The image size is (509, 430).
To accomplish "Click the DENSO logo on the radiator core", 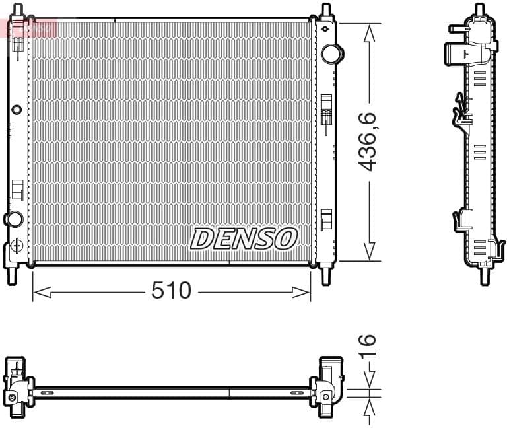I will tap(244, 238).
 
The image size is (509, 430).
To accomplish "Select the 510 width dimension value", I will tap(171, 290).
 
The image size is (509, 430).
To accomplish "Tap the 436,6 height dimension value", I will tap(368, 141).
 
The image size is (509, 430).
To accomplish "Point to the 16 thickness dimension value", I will tap(368, 345).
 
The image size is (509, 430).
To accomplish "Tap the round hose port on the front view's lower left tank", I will tap(13, 219).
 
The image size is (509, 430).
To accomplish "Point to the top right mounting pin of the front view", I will tap(325, 12).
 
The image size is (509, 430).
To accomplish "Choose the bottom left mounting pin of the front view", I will tap(11, 275).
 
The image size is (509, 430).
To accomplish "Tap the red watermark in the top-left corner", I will tap(29, 28).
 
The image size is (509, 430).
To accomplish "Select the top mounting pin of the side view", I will tap(481, 11).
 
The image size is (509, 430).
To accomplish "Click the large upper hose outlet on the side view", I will tap(457, 53).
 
